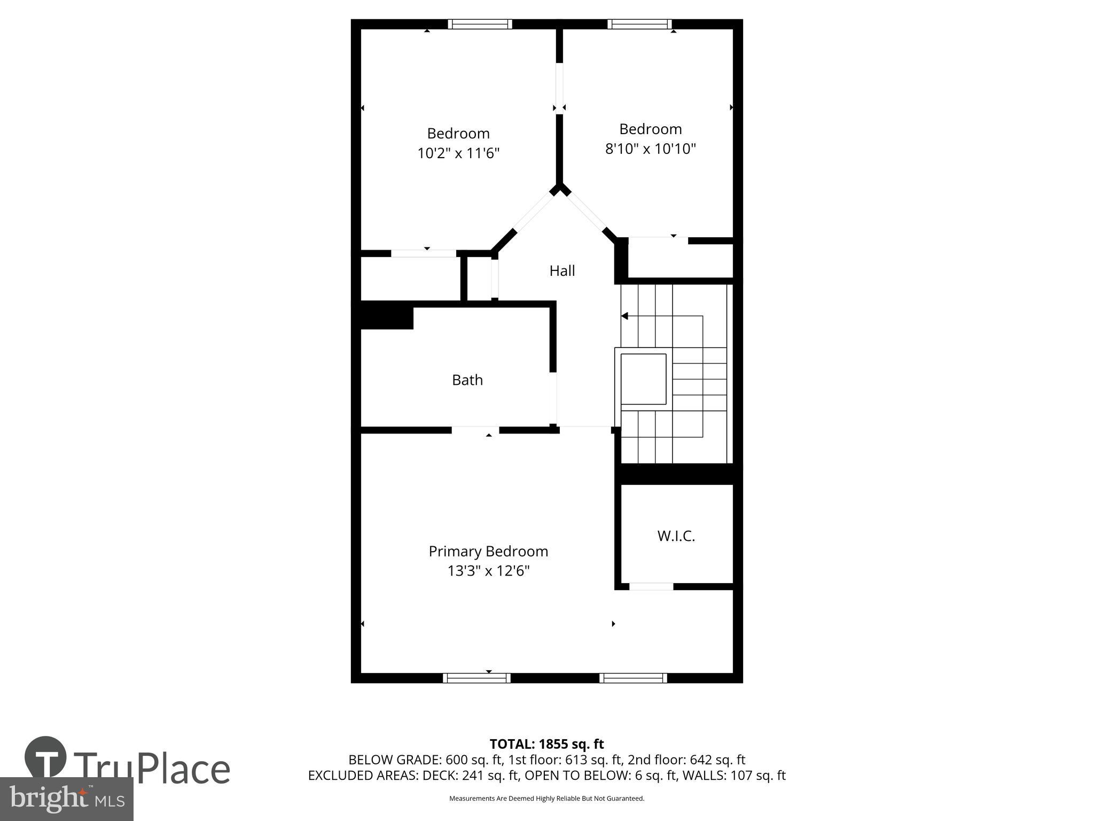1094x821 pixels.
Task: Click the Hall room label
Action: click(x=562, y=271)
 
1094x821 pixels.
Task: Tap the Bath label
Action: click(x=467, y=380)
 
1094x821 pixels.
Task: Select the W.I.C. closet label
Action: click(x=676, y=536)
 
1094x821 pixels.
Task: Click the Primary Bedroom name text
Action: click(x=488, y=551)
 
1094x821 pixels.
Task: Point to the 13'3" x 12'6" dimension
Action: click(x=488, y=571)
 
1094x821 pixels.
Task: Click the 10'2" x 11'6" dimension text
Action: click(x=458, y=154)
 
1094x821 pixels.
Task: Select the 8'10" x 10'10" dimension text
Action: click(x=650, y=149)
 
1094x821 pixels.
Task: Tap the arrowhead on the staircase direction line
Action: click(x=624, y=316)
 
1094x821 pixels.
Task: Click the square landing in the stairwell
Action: click(x=643, y=379)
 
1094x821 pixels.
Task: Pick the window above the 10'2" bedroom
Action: click(x=480, y=24)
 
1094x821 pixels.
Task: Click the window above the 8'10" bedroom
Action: click(x=639, y=24)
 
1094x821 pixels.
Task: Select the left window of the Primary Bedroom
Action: click(x=476, y=678)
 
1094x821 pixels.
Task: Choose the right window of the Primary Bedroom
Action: click(x=633, y=678)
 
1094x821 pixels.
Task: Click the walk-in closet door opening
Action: click(x=651, y=586)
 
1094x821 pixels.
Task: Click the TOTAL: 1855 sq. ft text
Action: click(x=546, y=744)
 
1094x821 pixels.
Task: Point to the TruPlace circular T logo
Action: click(x=46, y=757)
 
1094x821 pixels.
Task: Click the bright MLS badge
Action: click(x=66, y=799)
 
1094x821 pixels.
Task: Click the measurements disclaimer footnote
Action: click(x=546, y=799)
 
